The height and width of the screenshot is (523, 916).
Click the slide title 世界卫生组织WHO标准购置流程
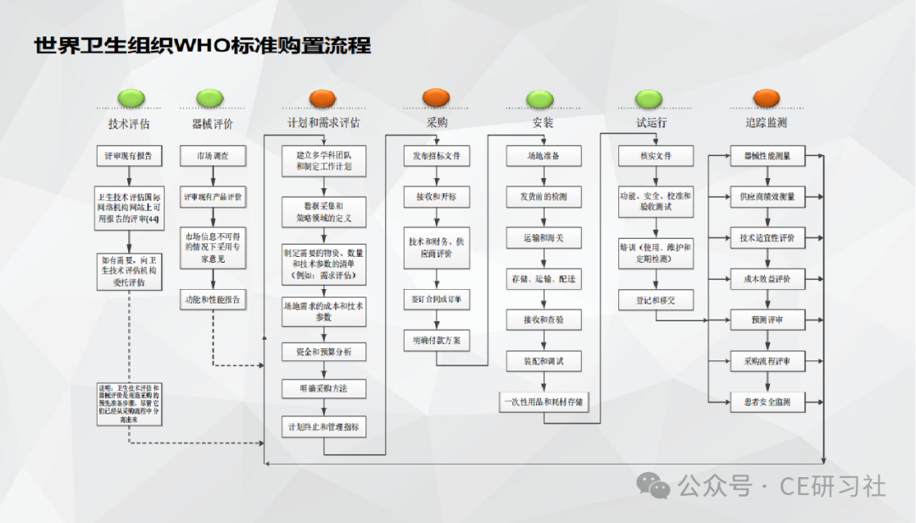202,45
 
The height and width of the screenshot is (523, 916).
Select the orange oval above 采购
436,98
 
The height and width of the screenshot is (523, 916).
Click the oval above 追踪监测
766,98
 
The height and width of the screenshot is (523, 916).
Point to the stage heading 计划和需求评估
323,123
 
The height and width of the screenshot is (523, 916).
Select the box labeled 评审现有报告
128,156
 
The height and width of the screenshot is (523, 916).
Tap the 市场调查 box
213,156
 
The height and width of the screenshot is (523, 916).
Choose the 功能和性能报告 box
213,299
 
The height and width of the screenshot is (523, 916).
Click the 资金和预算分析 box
323,351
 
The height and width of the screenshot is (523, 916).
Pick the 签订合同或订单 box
437,299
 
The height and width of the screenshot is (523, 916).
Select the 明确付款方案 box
437,340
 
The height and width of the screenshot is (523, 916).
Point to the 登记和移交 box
656,299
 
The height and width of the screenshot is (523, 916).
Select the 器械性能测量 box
767,156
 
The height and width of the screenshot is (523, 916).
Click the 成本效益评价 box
767,279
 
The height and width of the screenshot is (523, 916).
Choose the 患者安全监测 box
767,402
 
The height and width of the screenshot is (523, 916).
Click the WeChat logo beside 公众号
653,485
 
